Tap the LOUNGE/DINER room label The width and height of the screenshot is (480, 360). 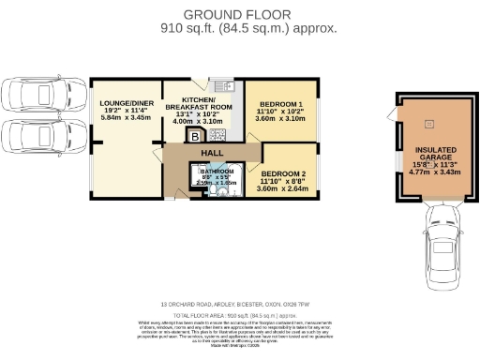click(125, 107)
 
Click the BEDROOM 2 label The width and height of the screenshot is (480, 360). click(285, 175)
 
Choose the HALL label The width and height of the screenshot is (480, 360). click(213, 151)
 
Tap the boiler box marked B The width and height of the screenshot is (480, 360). click(195, 137)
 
